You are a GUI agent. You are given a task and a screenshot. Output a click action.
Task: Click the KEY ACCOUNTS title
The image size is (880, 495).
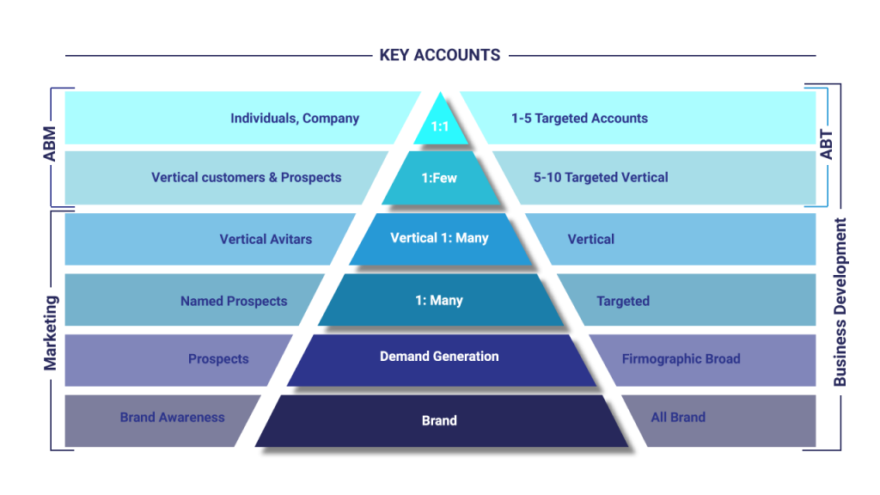tap(439, 55)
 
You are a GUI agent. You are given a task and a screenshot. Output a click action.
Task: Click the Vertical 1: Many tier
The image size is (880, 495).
tap(439, 238)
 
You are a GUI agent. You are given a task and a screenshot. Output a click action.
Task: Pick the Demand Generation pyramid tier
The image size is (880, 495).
tap(439, 356)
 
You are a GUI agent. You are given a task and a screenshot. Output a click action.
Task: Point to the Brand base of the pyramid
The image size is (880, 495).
tap(439, 420)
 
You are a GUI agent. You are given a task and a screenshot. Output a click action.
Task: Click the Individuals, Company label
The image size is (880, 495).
tap(295, 119)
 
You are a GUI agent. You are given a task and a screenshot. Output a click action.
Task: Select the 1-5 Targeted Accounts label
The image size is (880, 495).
tap(579, 119)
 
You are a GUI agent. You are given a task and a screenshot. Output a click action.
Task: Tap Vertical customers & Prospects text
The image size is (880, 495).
tap(247, 178)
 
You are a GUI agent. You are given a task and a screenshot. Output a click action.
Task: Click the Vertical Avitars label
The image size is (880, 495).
tap(266, 239)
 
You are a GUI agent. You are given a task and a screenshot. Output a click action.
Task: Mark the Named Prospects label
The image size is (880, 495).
tap(234, 302)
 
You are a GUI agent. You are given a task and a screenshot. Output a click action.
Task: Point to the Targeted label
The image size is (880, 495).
tap(623, 302)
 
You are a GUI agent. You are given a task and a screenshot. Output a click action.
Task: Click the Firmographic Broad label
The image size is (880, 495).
tap(681, 359)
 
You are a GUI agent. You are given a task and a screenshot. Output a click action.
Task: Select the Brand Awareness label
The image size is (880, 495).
tap(172, 418)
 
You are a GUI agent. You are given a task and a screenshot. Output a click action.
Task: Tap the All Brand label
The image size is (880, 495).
tap(678, 418)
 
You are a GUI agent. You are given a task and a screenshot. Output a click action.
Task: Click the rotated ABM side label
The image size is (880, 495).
tap(50, 145)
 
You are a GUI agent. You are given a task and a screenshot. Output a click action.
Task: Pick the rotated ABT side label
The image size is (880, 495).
tap(827, 145)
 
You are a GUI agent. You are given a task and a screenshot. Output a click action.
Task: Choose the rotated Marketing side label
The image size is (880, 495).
tap(51, 333)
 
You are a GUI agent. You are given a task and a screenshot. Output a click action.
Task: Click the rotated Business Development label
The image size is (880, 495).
tap(840, 302)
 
